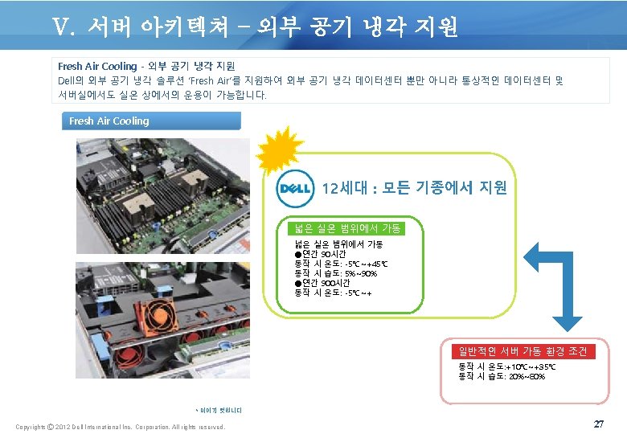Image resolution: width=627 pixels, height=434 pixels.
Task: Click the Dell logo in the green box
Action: coord(294,189)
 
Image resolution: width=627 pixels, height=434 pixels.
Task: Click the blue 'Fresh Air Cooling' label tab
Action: coord(151,121)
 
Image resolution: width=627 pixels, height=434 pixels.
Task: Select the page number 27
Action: coord(598,423)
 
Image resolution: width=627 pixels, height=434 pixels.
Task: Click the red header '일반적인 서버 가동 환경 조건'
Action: coord(522,351)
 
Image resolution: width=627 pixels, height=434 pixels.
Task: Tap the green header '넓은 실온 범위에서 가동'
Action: coord(350,228)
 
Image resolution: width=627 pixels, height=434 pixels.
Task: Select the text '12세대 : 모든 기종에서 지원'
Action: coord(414,188)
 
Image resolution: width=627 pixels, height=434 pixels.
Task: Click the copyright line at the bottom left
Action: coord(121,426)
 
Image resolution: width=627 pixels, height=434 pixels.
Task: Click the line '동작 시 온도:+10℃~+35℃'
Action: coord(506,366)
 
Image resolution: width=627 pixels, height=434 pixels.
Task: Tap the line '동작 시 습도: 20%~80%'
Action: coord(502,375)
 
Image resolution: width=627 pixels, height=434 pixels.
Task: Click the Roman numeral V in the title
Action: coord(63,28)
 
